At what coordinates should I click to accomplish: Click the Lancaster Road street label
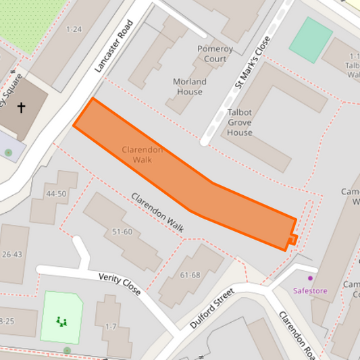(114, 46)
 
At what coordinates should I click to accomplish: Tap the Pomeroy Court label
(215, 54)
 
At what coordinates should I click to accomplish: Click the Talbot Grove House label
(240, 123)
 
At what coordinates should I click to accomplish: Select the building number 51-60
(122, 232)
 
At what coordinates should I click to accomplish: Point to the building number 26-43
(12, 255)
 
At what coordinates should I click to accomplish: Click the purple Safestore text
(310, 291)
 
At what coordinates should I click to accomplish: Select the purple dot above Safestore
(311, 278)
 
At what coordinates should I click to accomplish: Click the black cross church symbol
(21, 107)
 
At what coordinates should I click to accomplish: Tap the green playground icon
(62, 322)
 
